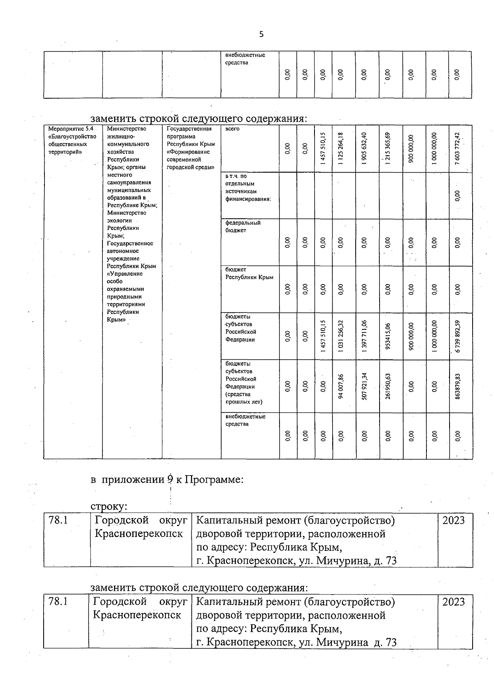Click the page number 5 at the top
[x=261, y=35]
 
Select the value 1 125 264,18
[x=340, y=149]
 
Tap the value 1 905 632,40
[x=364, y=149]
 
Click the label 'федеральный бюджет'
[x=243, y=227]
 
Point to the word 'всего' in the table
[x=232, y=129]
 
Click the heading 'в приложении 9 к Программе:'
[x=167, y=480]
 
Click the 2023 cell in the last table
[x=453, y=602]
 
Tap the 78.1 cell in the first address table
[x=58, y=520]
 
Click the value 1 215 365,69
[x=388, y=149]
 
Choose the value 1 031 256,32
[x=340, y=336]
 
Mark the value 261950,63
[x=388, y=386]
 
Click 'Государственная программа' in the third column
[x=189, y=132]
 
